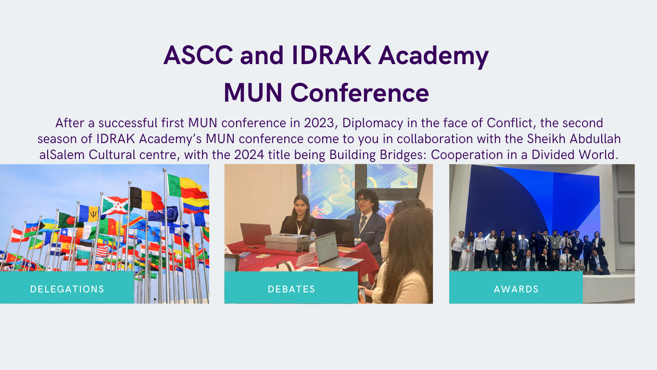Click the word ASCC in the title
pyautogui.click(x=198, y=55)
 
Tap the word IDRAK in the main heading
pyautogui.click(x=331, y=55)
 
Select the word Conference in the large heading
pyautogui.click(x=360, y=92)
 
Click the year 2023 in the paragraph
pyautogui.click(x=319, y=123)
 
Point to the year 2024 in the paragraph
pyautogui.click(x=249, y=155)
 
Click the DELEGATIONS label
pyautogui.click(x=67, y=289)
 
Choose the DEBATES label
pyautogui.click(x=291, y=289)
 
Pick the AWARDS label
pyautogui.click(x=516, y=289)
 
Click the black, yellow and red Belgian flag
pyautogui.click(x=146, y=198)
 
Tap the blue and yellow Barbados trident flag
pyautogui.click(x=88, y=213)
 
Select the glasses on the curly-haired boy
pyautogui.click(x=363, y=200)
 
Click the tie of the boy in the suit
pyautogui.click(x=363, y=223)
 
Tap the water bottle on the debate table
pyautogui.click(x=313, y=236)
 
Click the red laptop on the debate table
pyautogui.click(x=256, y=234)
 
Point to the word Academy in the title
pyautogui.click(x=433, y=56)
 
